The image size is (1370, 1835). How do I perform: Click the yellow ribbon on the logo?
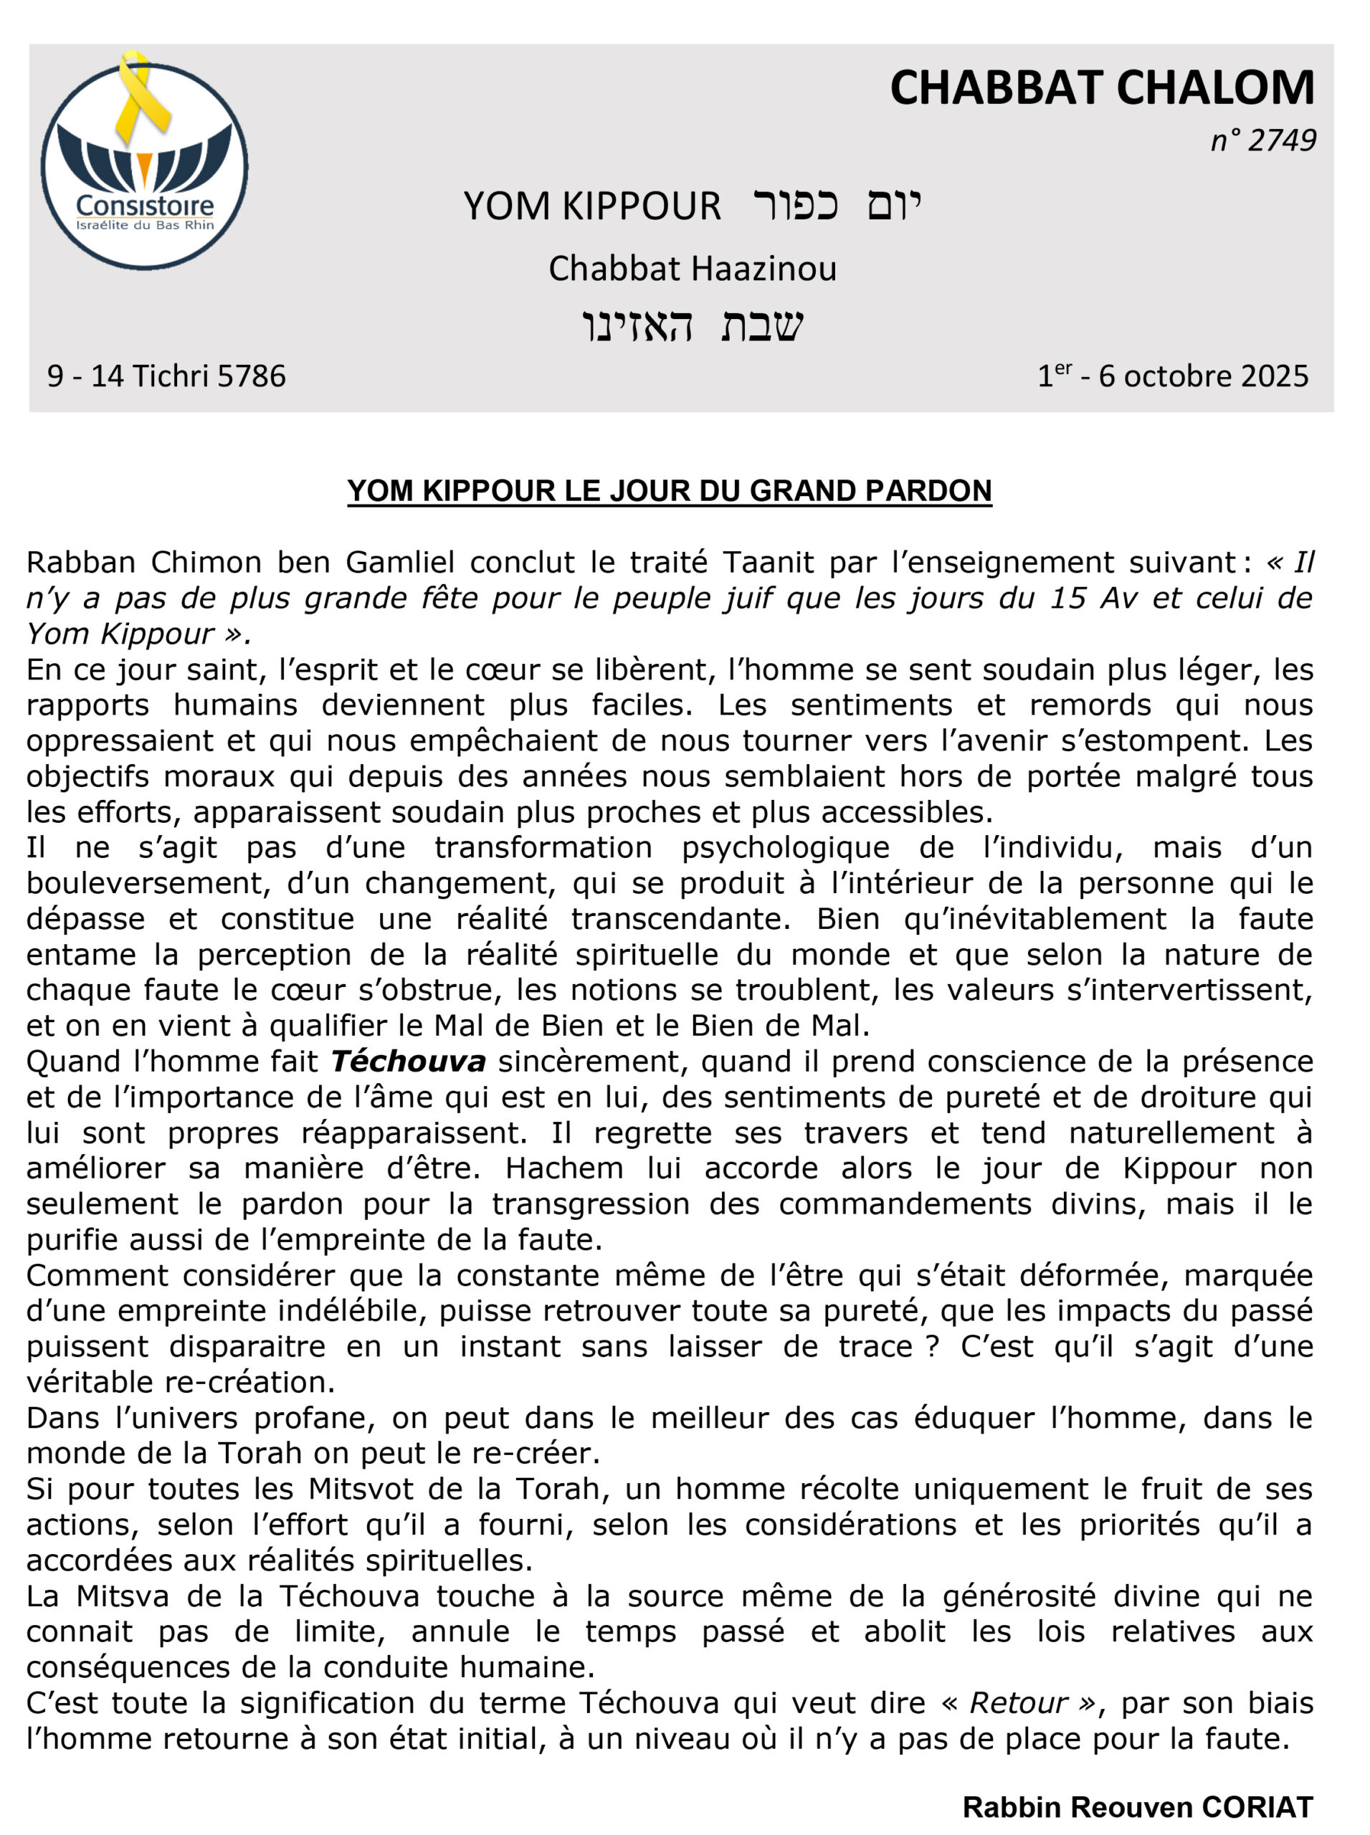pyautogui.click(x=142, y=95)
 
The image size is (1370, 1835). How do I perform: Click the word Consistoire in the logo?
pyautogui.click(x=144, y=204)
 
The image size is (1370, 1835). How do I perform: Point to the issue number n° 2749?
pyautogui.click(x=1262, y=140)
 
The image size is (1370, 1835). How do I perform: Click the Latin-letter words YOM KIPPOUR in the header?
pyautogui.click(x=592, y=206)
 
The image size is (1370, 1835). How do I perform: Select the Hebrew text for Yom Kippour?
pyautogui.click(x=837, y=204)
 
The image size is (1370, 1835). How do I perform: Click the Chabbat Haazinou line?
pyautogui.click(x=693, y=268)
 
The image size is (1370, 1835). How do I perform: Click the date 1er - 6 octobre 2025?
pyautogui.click(x=1173, y=376)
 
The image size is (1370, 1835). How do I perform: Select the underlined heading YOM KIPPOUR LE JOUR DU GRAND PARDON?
pyautogui.click(x=670, y=490)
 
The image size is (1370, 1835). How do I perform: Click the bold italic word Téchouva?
pyautogui.click(x=408, y=1062)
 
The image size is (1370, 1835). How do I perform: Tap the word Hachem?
pyautogui.click(x=564, y=1168)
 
